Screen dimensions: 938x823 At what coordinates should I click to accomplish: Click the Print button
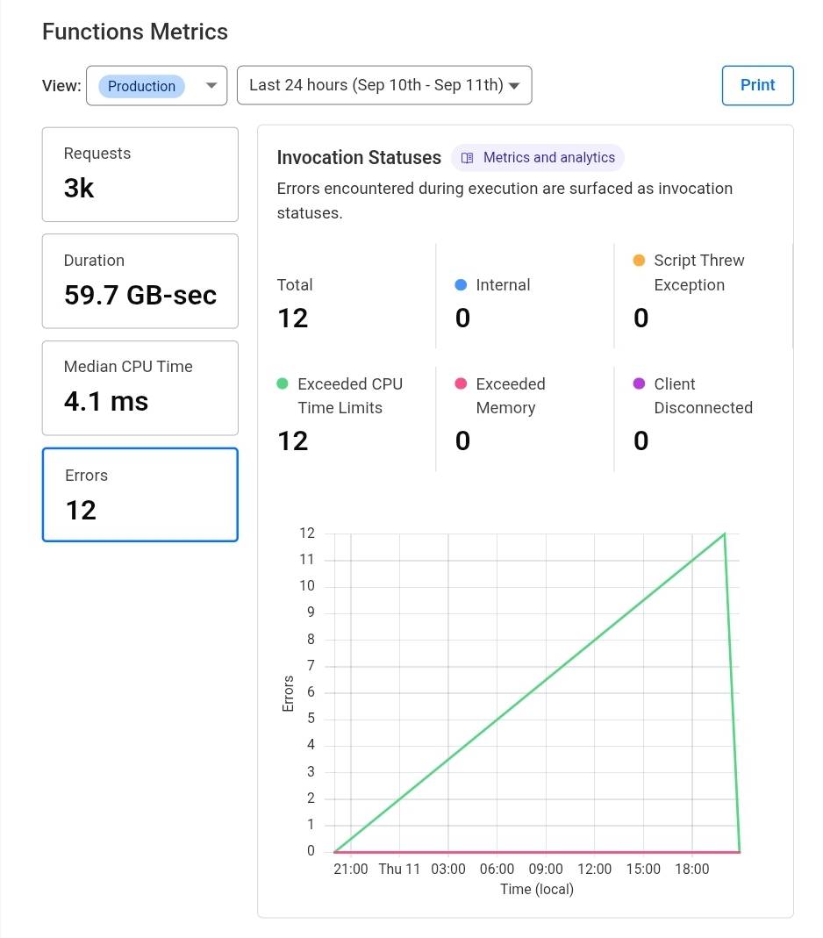(x=757, y=85)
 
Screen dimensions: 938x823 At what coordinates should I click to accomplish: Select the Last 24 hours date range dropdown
(x=383, y=85)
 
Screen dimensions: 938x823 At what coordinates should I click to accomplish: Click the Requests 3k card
(x=140, y=174)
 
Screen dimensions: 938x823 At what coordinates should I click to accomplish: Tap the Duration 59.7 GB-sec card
(x=140, y=281)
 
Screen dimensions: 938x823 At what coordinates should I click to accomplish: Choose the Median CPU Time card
(x=140, y=387)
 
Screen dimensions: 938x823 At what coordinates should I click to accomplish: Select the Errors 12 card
(x=140, y=495)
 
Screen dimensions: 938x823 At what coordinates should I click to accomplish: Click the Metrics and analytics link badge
(x=538, y=158)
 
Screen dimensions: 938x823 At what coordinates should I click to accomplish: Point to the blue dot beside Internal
(x=462, y=285)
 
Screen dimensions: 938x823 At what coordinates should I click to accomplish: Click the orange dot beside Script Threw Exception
(x=639, y=261)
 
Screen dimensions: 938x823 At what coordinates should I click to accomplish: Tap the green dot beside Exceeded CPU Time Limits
(x=283, y=384)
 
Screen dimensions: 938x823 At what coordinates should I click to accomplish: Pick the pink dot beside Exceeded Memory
(x=462, y=384)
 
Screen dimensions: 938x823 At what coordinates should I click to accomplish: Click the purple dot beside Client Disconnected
(x=639, y=384)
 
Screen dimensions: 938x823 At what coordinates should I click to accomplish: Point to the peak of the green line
(x=725, y=533)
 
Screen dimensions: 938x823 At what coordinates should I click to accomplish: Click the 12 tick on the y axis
(x=306, y=533)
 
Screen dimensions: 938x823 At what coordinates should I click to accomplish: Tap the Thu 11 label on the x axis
(x=399, y=870)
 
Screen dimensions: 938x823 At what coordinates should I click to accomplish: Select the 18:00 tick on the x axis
(x=691, y=870)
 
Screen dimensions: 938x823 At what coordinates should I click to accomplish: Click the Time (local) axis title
(x=537, y=889)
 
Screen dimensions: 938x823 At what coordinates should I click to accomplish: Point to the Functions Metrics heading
(x=135, y=32)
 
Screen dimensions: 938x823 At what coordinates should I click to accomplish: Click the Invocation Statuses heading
(x=359, y=158)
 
